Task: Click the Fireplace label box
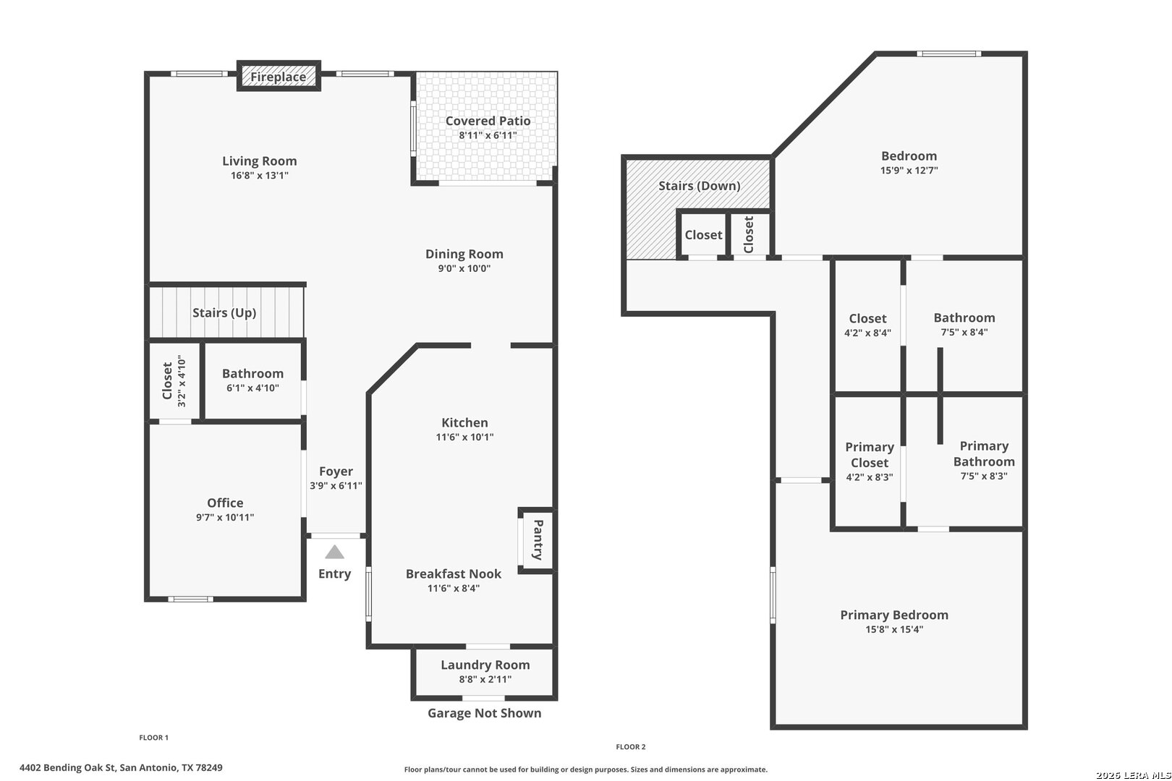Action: [279, 76]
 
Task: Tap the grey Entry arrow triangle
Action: [335, 552]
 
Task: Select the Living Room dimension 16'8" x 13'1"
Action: [260, 175]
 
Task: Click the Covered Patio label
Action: [488, 121]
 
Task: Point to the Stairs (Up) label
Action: [224, 313]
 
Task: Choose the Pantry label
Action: [538, 539]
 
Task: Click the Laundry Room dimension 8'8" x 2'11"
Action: [485, 679]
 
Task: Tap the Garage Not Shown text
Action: [485, 713]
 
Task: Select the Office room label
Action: [225, 503]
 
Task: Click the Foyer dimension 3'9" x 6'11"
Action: [336, 485]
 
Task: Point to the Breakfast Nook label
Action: [454, 574]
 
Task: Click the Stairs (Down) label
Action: [699, 186]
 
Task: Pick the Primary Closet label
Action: [870, 455]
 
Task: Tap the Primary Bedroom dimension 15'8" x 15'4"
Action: [894, 629]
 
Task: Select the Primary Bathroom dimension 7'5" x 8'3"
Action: [984, 476]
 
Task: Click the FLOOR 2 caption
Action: [630, 747]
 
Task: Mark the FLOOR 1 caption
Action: [154, 738]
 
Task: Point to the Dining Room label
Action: [464, 255]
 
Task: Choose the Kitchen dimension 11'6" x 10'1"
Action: [464, 437]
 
